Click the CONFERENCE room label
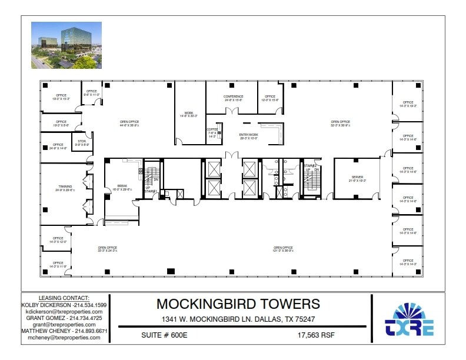233,96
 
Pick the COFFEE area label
212,129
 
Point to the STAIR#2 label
310,166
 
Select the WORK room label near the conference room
189,112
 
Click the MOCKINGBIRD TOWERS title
238,304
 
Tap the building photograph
66,45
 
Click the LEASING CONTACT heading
64,298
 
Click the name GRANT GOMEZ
42,318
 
